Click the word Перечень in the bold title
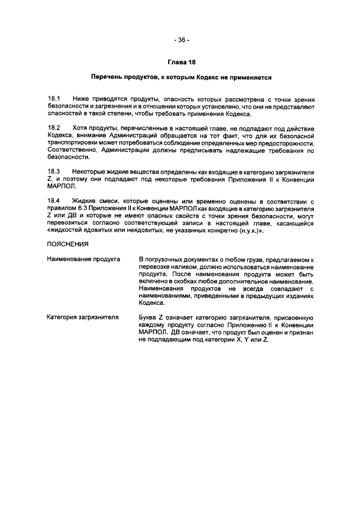pyautogui.click(x=107, y=76)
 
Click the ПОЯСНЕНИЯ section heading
pyautogui.click(x=67, y=245)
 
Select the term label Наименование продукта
pyautogui.click(x=83, y=259)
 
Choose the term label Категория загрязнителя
pyautogui.click(x=82, y=318)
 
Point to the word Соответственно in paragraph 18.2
pyautogui.click(x=73, y=151)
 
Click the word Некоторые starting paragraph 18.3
pyautogui.click(x=90, y=170)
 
